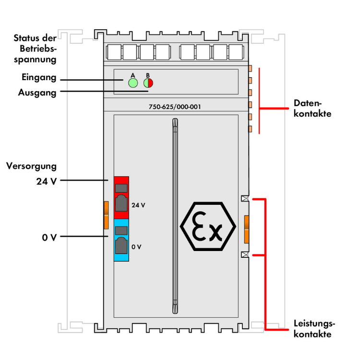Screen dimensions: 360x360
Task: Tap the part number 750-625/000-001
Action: click(171, 107)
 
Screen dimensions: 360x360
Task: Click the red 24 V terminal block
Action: click(122, 197)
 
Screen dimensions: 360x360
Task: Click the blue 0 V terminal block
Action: click(122, 240)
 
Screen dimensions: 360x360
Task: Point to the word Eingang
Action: click(39, 77)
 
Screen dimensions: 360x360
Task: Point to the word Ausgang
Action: click(37, 92)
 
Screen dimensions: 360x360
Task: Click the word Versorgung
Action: click(31, 166)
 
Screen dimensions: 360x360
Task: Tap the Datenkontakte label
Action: click(312, 108)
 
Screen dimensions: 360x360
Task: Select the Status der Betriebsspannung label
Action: click(35, 48)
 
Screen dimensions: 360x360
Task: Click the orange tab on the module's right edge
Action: click(247, 229)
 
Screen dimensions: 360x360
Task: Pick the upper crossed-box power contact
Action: click(245, 199)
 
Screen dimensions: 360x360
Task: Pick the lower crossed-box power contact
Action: click(245, 255)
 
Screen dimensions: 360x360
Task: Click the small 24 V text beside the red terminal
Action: click(138, 205)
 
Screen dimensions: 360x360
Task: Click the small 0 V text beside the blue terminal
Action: click(136, 247)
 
